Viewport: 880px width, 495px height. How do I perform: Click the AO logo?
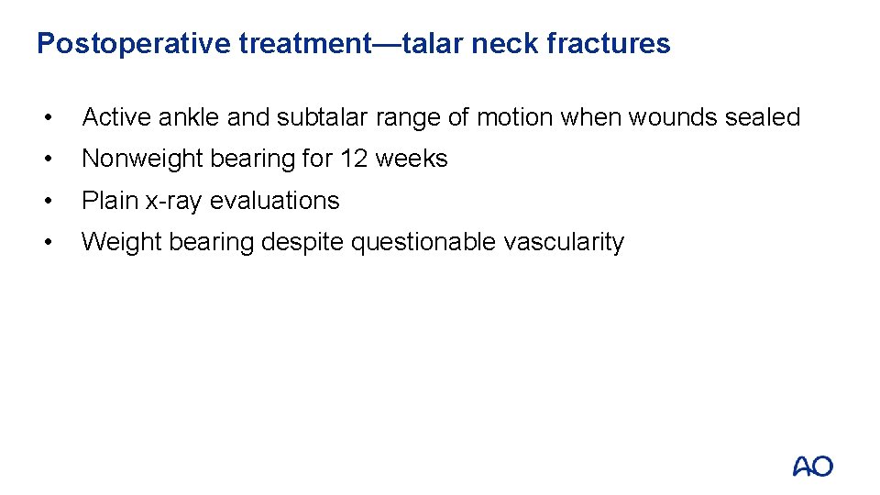(813, 466)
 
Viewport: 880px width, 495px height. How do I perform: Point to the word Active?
(117, 117)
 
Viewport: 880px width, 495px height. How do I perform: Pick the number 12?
(354, 159)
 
